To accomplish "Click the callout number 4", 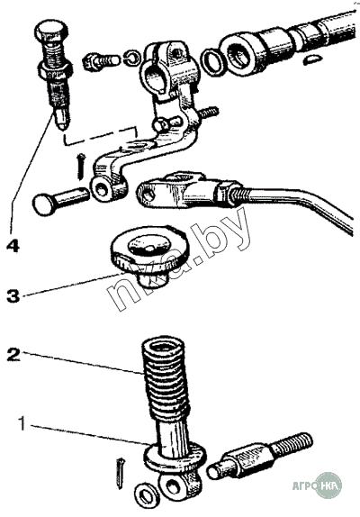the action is [x=13, y=246].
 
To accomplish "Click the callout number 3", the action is [x=13, y=295].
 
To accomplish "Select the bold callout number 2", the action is [x=13, y=355].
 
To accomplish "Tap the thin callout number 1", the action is [x=22, y=423].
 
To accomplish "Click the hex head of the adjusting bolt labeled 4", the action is [x=51, y=31].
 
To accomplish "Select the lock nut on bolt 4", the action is [x=55, y=70].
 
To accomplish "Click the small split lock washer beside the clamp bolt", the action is [x=132, y=58].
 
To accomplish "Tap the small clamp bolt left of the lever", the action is [x=100, y=61].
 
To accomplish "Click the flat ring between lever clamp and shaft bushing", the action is [x=214, y=61].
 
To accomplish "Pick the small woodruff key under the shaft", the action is [x=311, y=59].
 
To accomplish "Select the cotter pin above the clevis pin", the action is [x=81, y=167].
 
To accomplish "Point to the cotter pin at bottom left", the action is [x=121, y=473].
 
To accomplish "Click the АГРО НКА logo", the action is [x=317, y=485].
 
